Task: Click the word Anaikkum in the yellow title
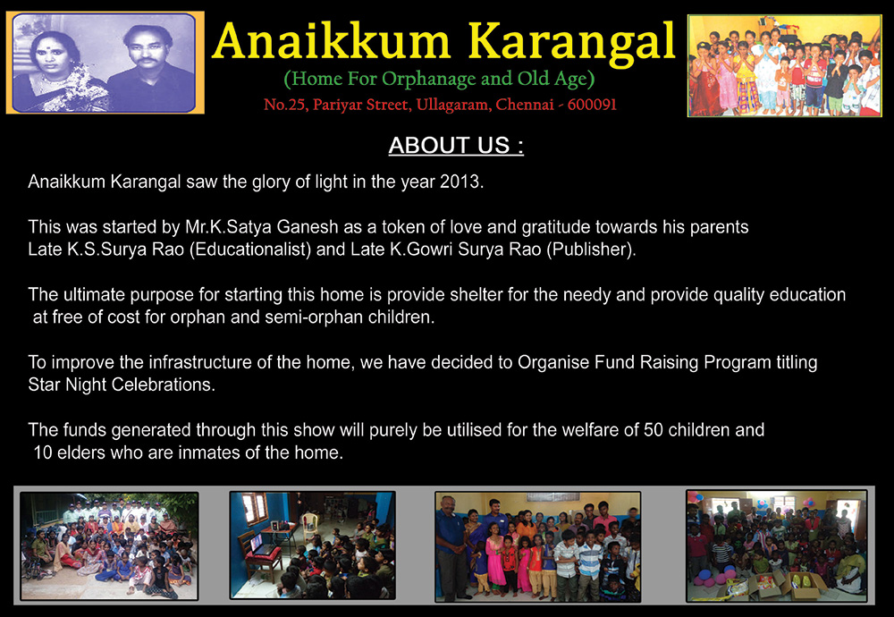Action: (331, 41)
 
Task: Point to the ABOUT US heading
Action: (456, 145)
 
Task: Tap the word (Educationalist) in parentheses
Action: (249, 249)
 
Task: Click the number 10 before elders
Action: (43, 452)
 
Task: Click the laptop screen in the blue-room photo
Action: (257, 542)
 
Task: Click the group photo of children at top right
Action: (785, 66)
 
